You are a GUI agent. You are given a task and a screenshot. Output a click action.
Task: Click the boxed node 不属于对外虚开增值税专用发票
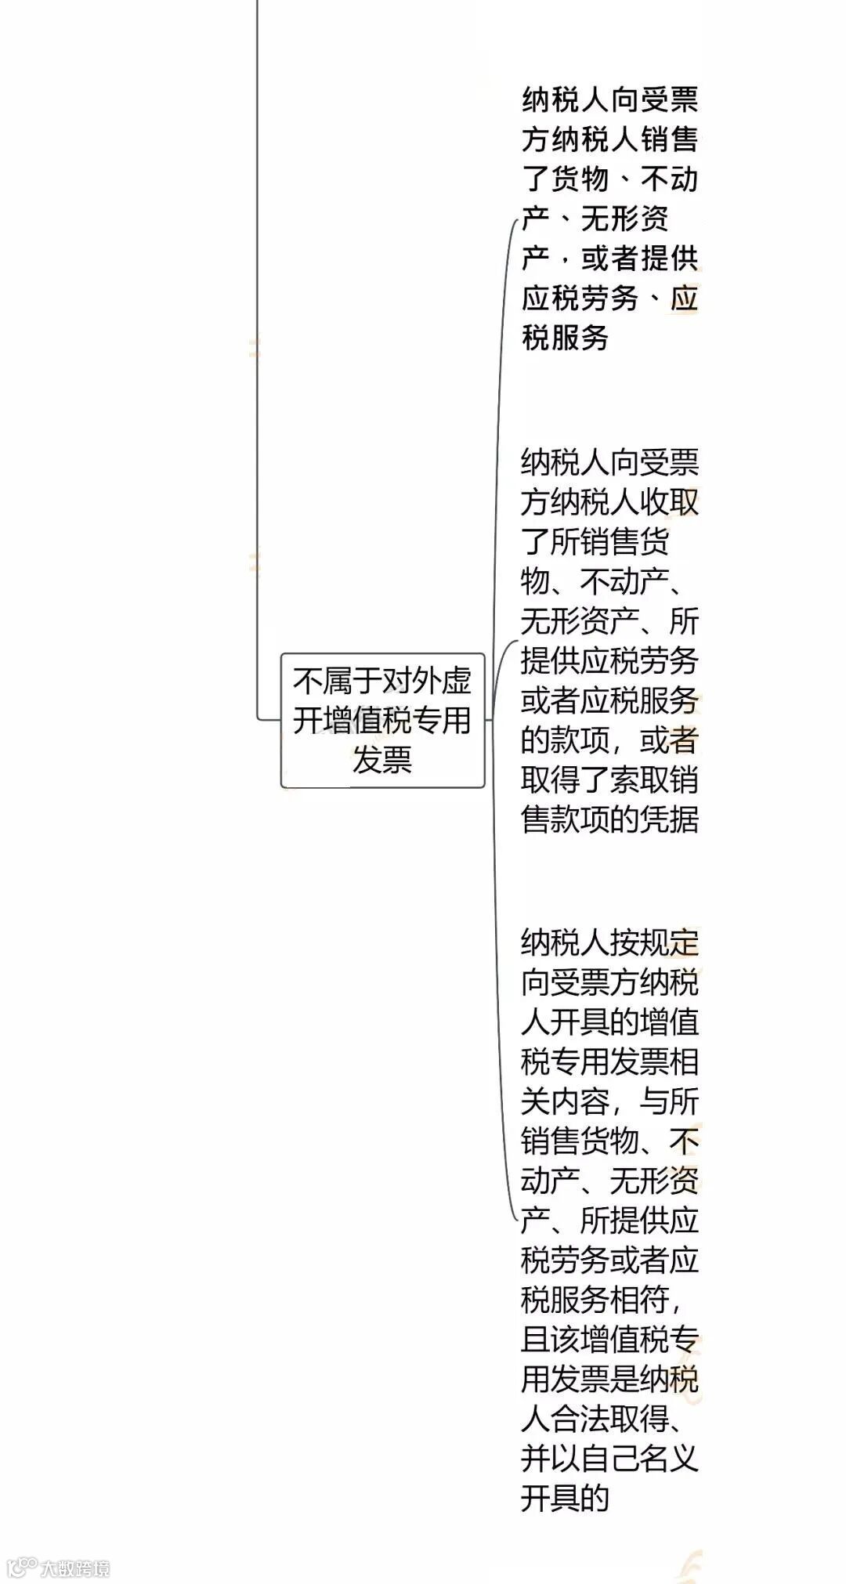pyautogui.click(x=382, y=720)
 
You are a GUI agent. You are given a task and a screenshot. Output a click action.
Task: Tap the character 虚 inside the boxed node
pyautogui.click(x=456, y=681)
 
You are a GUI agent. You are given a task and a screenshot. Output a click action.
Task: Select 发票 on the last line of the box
pyautogui.click(x=382, y=759)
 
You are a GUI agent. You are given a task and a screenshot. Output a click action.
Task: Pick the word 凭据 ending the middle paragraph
pyautogui.click(x=668, y=819)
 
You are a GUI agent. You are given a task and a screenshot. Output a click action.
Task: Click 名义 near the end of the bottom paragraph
pyautogui.click(x=668, y=1458)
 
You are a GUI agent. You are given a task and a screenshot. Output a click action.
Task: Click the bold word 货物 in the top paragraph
pyautogui.click(x=580, y=179)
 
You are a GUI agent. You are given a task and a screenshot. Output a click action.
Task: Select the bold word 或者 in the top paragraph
pyautogui.click(x=609, y=258)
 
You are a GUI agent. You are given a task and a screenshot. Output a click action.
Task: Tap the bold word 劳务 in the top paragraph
pyautogui.click(x=609, y=298)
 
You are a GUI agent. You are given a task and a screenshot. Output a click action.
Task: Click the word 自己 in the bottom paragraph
pyautogui.click(x=609, y=1458)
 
